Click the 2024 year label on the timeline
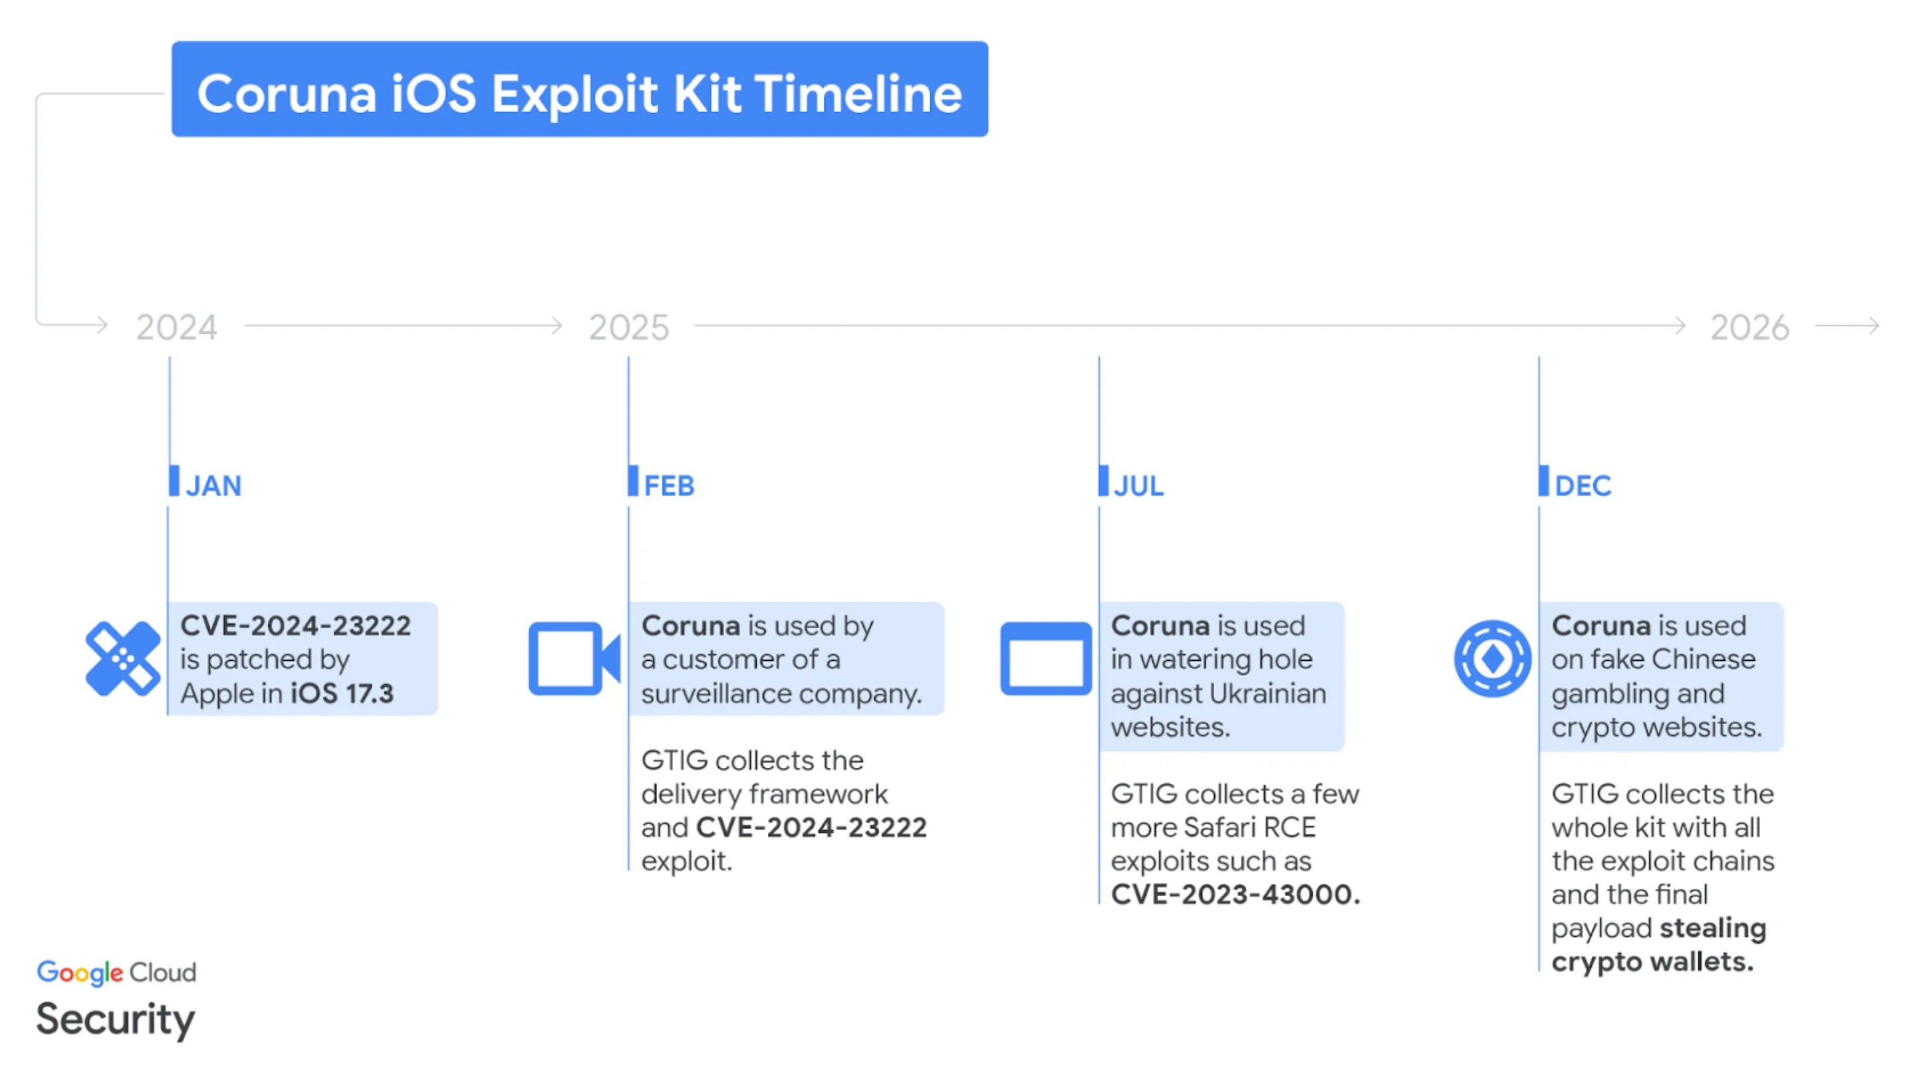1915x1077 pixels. click(177, 328)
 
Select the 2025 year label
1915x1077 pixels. click(629, 328)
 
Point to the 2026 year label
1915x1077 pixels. click(1749, 328)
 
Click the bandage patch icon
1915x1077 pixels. click(122, 659)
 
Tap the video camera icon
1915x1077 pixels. click(574, 659)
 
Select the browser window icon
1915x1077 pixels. click(1045, 659)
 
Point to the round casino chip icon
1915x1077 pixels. click(1492, 659)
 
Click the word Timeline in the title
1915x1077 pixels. click(858, 94)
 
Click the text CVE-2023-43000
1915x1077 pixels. click(1235, 894)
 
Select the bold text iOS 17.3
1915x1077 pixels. click(342, 693)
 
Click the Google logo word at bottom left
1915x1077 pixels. click(80, 972)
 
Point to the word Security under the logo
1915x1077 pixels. click(115, 1019)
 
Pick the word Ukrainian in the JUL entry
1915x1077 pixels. click(1267, 693)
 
